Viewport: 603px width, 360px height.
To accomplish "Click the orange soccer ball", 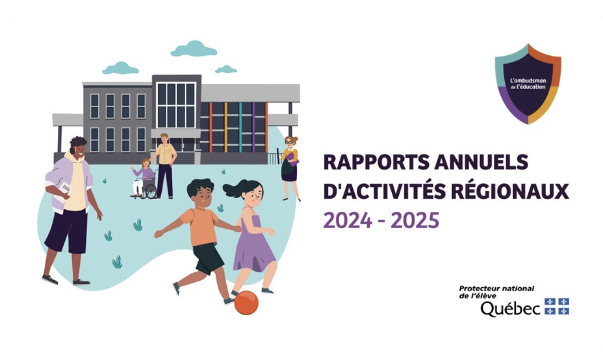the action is [x=246, y=303].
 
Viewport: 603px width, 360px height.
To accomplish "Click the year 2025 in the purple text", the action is [x=415, y=220].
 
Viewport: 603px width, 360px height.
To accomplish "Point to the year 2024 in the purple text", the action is [x=348, y=220].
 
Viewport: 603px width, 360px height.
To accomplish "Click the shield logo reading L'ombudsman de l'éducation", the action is [x=528, y=84].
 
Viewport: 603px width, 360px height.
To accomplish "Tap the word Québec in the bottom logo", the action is [x=510, y=309].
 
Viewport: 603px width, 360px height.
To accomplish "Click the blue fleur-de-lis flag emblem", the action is [x=557, y=307].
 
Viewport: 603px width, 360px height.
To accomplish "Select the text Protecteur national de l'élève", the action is [x=496, y=292].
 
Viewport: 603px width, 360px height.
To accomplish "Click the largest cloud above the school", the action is [x=194, y=49].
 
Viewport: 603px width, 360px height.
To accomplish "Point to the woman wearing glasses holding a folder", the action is [x=290, y=168].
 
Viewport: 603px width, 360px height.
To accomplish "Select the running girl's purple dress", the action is [x=253, y=241].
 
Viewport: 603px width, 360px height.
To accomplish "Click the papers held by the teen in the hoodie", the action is [x=64, y=190].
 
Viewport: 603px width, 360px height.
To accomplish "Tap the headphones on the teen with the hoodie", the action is [x=72, y=149].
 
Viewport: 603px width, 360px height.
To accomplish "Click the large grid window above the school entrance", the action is [x=177, y=105].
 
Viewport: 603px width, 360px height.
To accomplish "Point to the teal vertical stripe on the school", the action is [x=240, y=127].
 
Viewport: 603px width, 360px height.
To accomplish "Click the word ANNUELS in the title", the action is [x=481, y=162].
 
